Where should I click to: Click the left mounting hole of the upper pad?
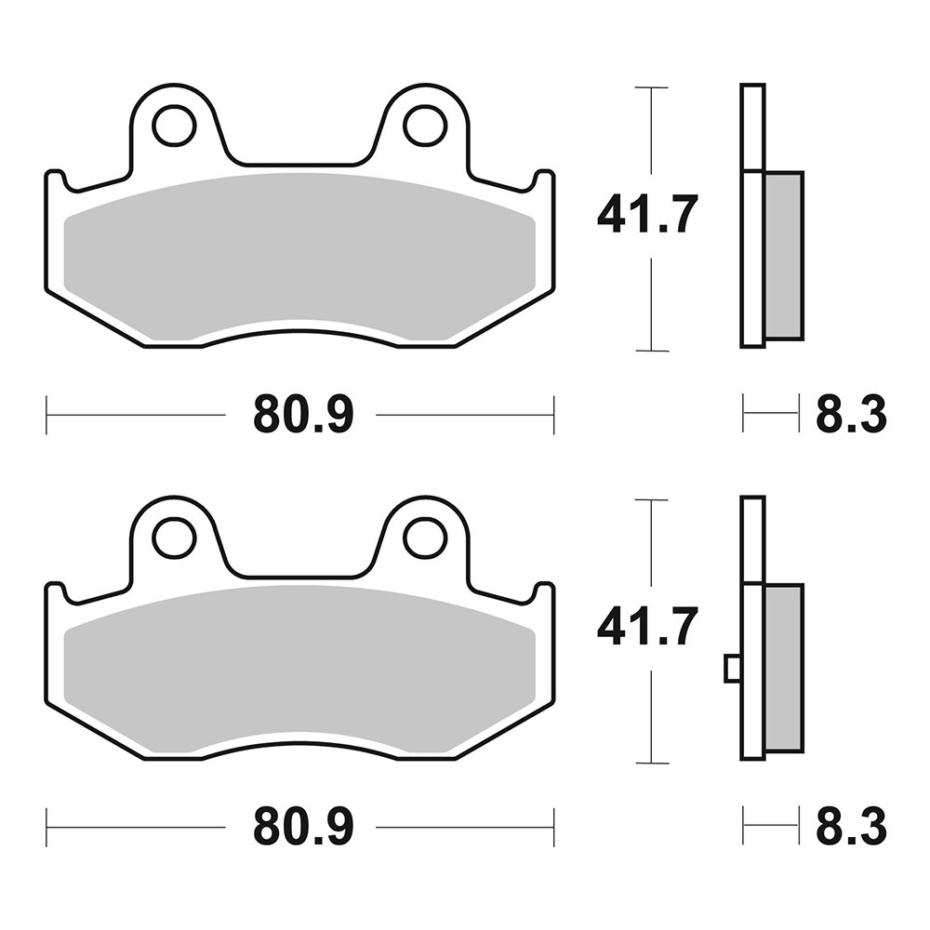[175, 126]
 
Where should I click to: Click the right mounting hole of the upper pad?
[424, 126]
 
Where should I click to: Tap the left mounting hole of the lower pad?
[175, 538]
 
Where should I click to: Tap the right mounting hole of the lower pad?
[424, 538]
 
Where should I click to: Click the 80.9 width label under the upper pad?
[303, 415]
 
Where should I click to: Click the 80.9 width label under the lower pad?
[303, 827]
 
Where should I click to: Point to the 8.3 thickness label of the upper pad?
[851, 415]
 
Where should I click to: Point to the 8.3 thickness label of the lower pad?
[851, 827]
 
